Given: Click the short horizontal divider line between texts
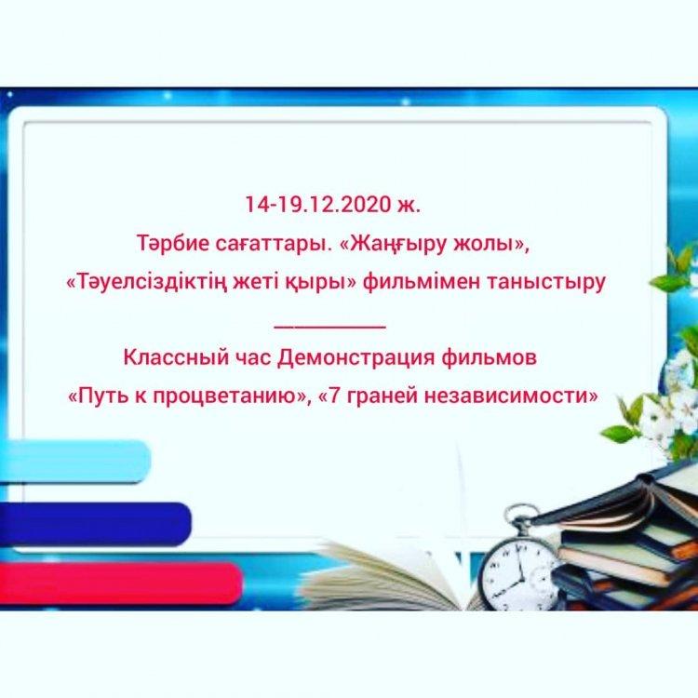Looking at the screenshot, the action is [329, 328].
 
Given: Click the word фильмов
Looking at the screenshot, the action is [489, 358].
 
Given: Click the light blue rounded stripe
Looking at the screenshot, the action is [74, 461].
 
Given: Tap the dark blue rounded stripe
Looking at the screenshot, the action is [95, 523].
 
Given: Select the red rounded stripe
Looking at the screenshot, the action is [121, 584].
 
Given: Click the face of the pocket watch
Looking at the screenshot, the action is [518, 573].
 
